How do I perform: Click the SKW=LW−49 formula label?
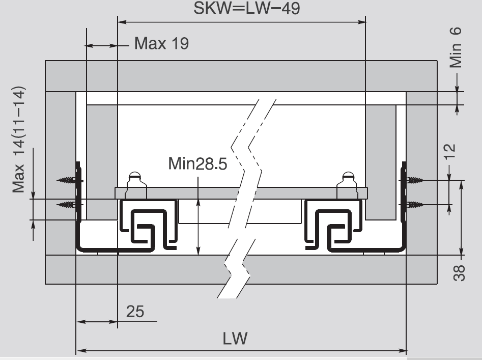246,8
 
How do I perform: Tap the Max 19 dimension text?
162,43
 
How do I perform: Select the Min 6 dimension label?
456,47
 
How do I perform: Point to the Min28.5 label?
197,163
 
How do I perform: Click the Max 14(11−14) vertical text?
18,140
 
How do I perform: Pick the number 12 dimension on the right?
449,151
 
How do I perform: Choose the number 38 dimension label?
459,273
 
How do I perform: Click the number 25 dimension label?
135,312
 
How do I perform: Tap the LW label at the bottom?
235,339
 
